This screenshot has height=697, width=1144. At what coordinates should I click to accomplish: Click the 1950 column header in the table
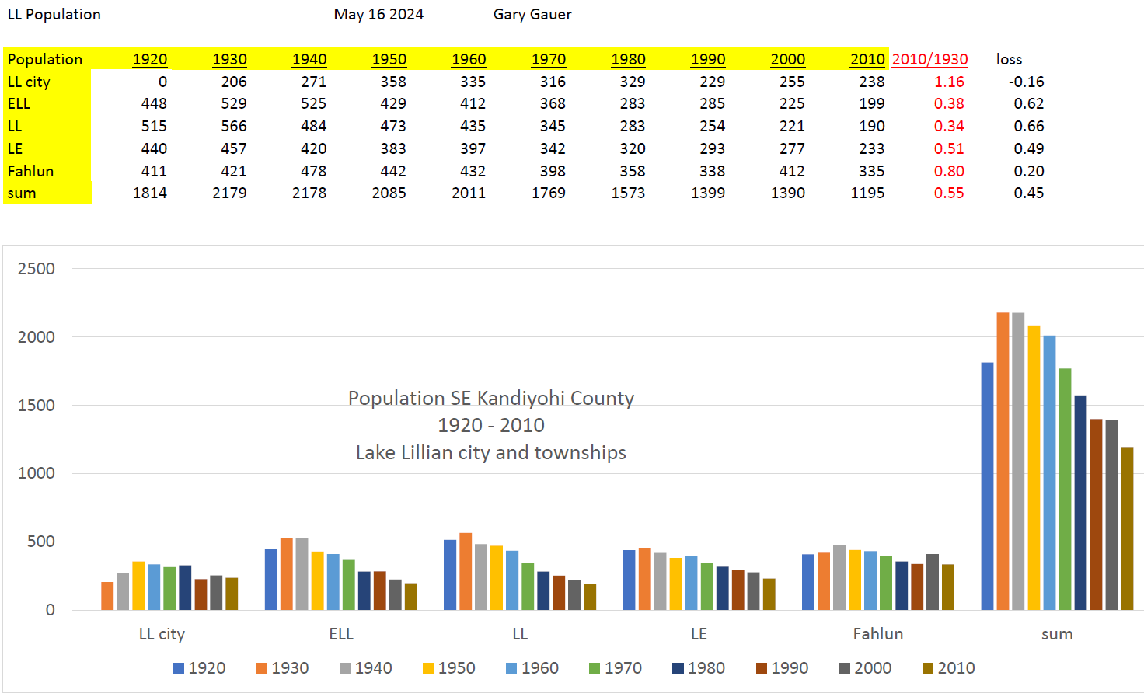(x=389, y=59)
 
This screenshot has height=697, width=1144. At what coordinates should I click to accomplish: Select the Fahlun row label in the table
(x=31, y=171)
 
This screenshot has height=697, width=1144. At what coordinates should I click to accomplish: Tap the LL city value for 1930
(x=233, y=82)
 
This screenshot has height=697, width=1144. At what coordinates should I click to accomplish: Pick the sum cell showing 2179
(x=229, y=193)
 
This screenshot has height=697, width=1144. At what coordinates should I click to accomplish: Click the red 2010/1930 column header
(x=929, y=59)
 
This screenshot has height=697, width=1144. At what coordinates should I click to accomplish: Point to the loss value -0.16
(x=1026, y=82)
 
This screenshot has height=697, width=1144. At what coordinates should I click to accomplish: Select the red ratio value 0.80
(x=949, y=171)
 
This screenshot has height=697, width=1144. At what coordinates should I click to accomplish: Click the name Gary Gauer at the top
(x=532, y=14)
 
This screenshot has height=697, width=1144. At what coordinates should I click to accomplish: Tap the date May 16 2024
(x=378, y=14)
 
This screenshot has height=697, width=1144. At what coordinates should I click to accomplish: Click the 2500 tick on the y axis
(x=37, y=269)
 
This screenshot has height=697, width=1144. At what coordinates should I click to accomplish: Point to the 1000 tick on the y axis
(x=37, y=473)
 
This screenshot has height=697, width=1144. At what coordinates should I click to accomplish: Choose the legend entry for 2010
(x=948, y=668)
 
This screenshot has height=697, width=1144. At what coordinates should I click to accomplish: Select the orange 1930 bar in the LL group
(x=466, y=571)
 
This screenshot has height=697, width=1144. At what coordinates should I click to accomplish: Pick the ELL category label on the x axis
(x=341, y=634)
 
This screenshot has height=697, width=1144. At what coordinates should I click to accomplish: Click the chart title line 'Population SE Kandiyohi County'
(x=490, y=398)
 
